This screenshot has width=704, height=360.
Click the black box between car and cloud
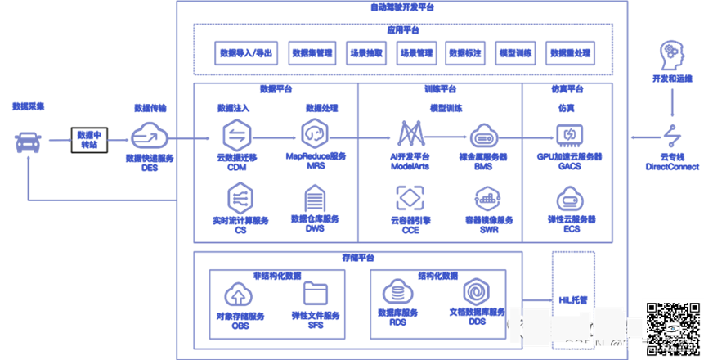88,138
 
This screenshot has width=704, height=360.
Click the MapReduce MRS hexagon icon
315,133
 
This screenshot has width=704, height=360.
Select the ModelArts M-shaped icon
409,134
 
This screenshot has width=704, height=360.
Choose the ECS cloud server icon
569,199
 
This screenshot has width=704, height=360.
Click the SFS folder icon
315,293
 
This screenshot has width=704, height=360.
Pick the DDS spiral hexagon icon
477,291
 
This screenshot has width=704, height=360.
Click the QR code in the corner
671,327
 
